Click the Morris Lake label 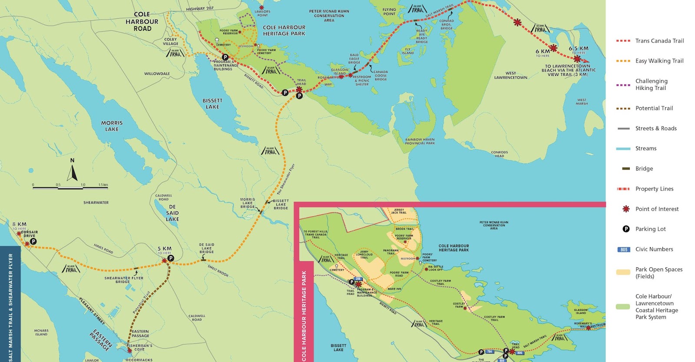[x=112, y=126]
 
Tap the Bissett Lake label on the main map [x=212, y=104]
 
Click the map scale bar [x=70, y=188]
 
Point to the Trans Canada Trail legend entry [x=659, y=41]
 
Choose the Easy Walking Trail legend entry [x=659, y=61]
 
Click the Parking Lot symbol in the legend [x=626, y=229]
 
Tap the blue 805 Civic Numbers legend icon [x=624, y=249]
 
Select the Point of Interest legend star [x=626, y=209]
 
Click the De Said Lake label [x=172, y=213]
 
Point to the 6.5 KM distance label [x=579, y=49]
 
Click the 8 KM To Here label [x=20, y=226]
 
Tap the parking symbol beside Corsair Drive [x=33, y=241]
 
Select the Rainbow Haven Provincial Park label [x=420, y=142]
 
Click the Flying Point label [x=389, y=12]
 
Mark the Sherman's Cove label [x=141, y=347]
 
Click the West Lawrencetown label [x=510, y=76]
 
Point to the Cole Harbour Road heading [x=142, y=21]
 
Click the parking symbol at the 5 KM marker [x=171, y=258]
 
